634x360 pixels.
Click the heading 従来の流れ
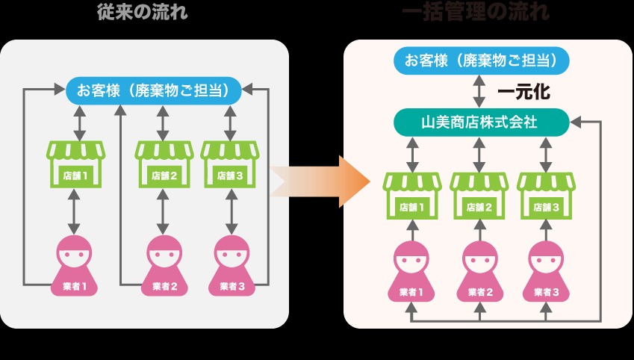pos(142,12)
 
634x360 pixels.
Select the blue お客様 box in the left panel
pos(153,90)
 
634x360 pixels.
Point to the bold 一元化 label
pos(523,92)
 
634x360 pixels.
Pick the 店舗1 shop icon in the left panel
pos(76,164)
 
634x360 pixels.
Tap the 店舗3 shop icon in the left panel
pos(229,164)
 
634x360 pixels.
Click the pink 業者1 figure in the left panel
pos(75,265)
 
